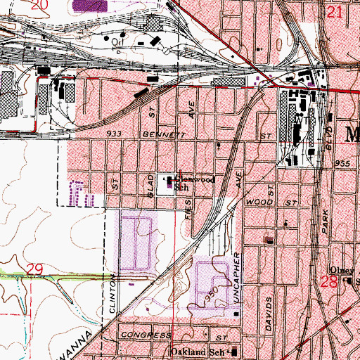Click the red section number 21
click(x=335, y=11)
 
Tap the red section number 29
click(x=33, y=269)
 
